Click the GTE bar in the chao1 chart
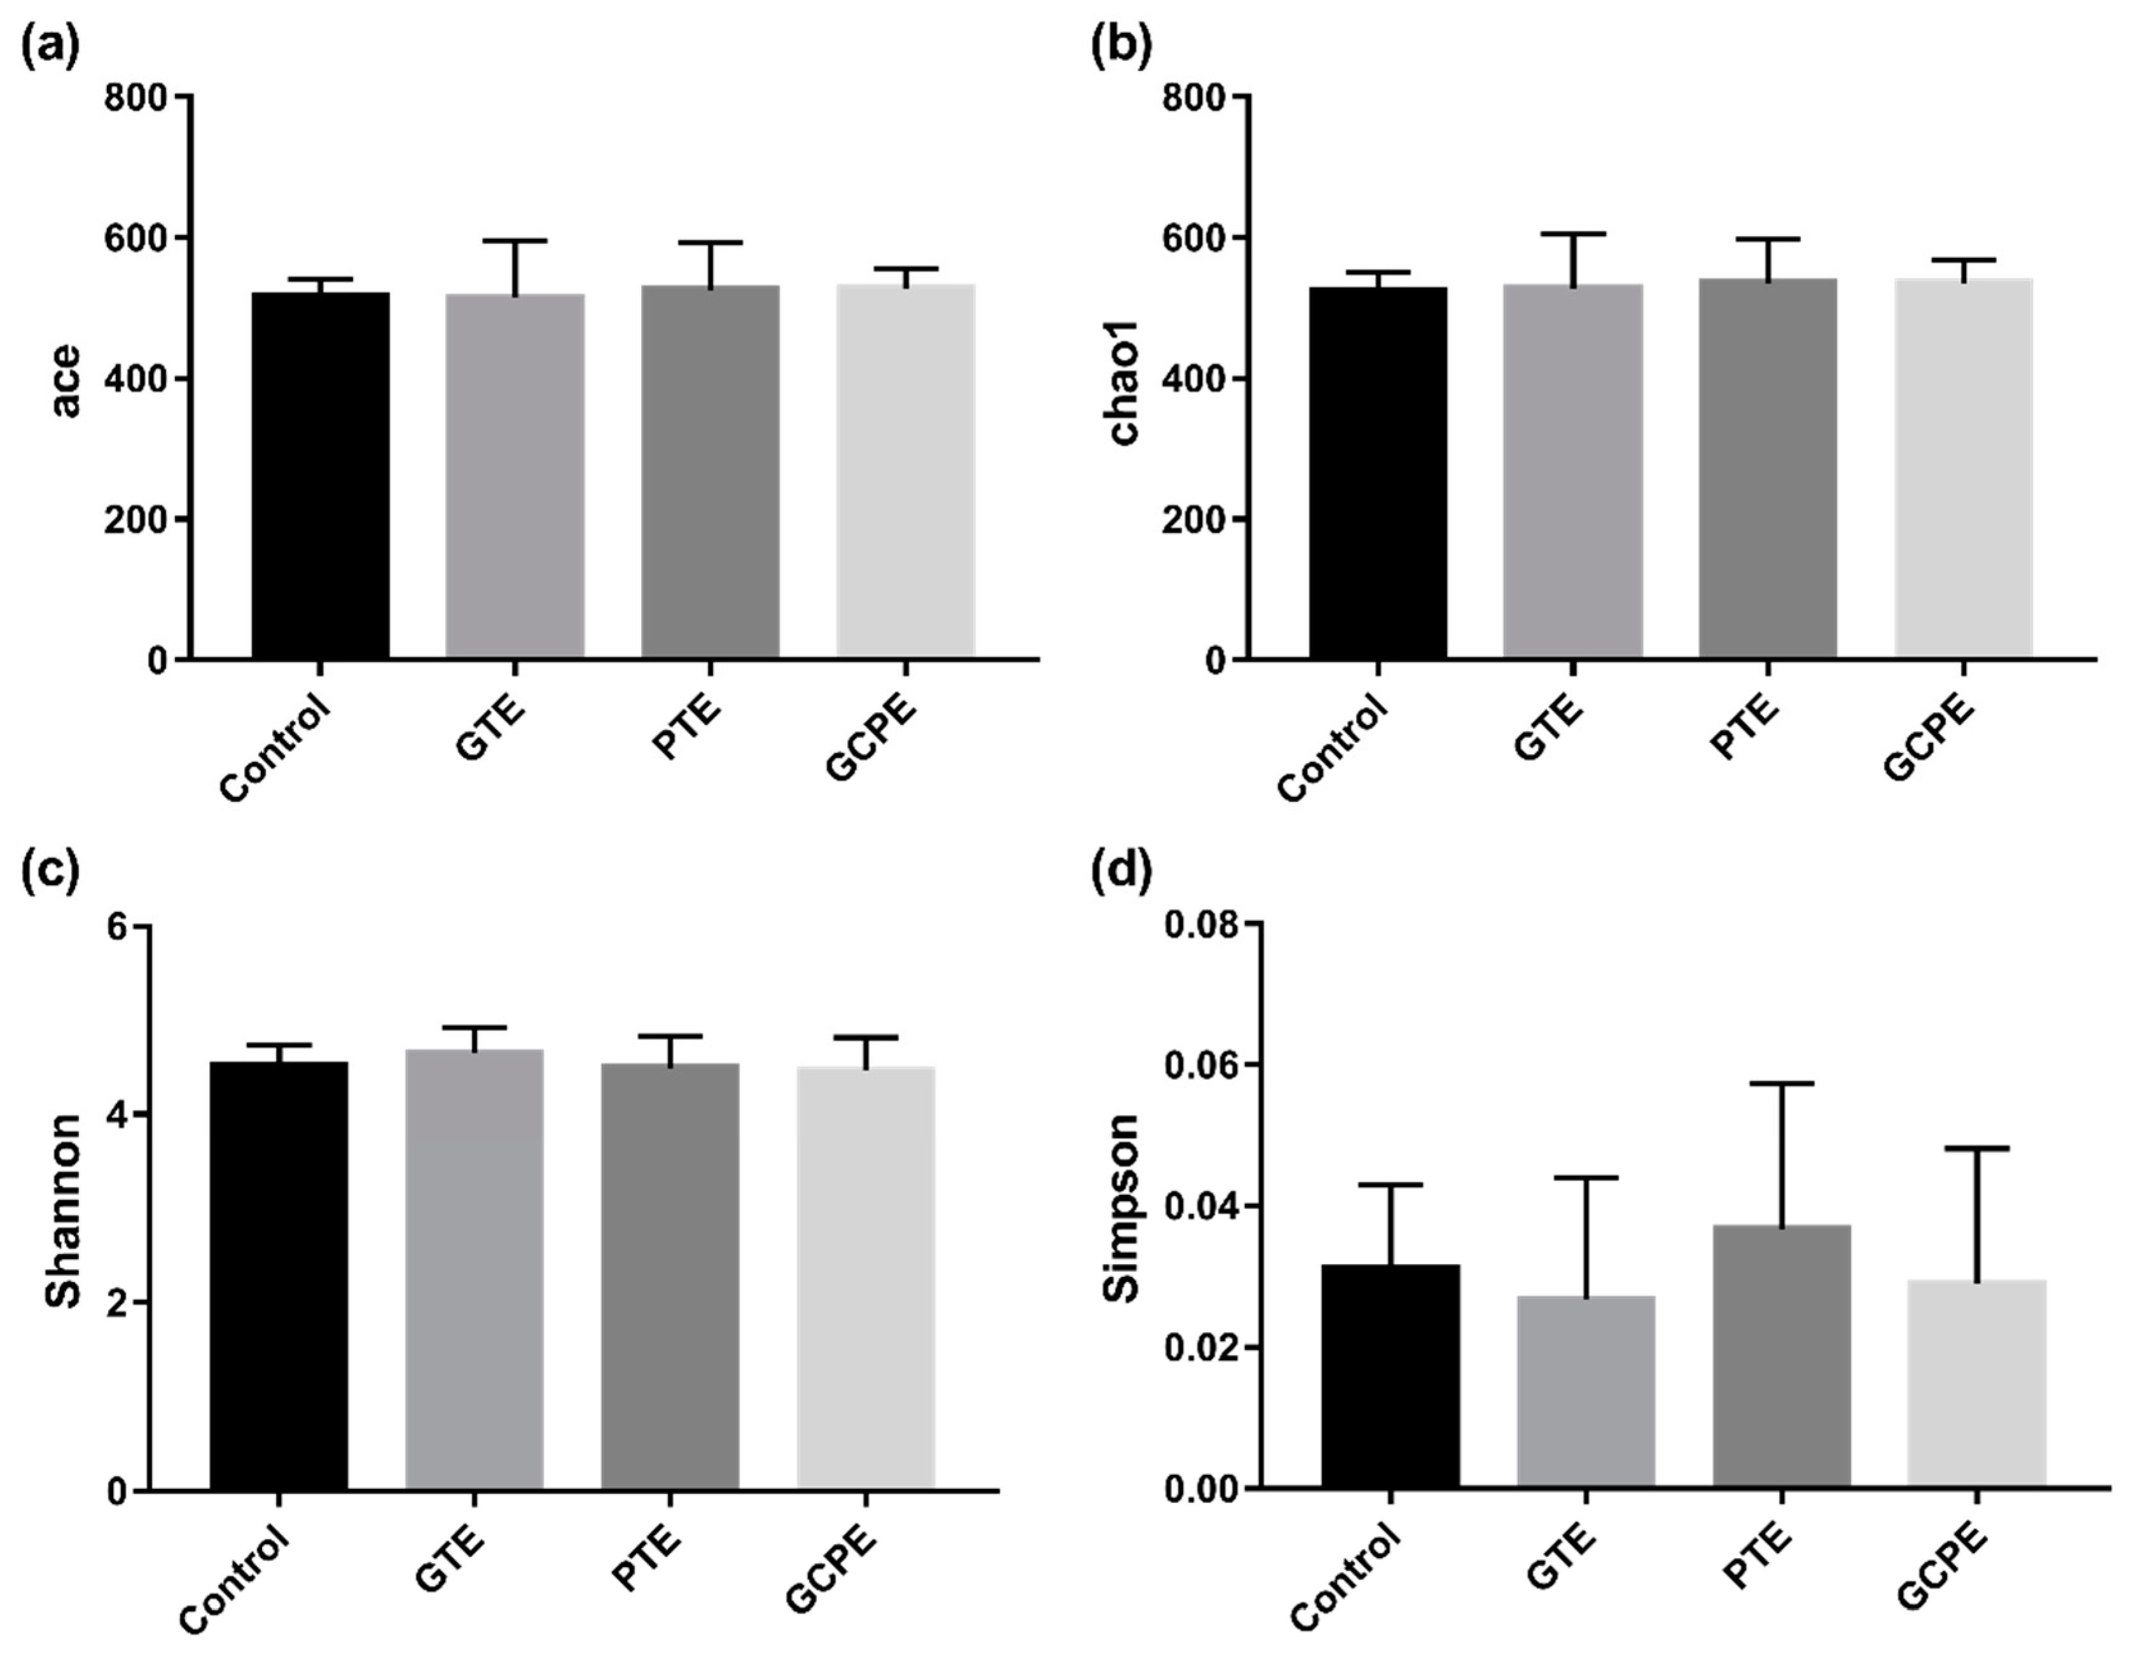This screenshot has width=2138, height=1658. click(x=1572, y=471)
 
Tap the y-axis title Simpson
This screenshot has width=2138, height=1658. click(x=1122, y=1208)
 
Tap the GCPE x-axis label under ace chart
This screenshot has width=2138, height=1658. click(x=871, y=740)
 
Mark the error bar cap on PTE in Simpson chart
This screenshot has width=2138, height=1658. click(x=1781, y=1084)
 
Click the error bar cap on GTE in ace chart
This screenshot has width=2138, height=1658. click(x=515, y=240)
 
